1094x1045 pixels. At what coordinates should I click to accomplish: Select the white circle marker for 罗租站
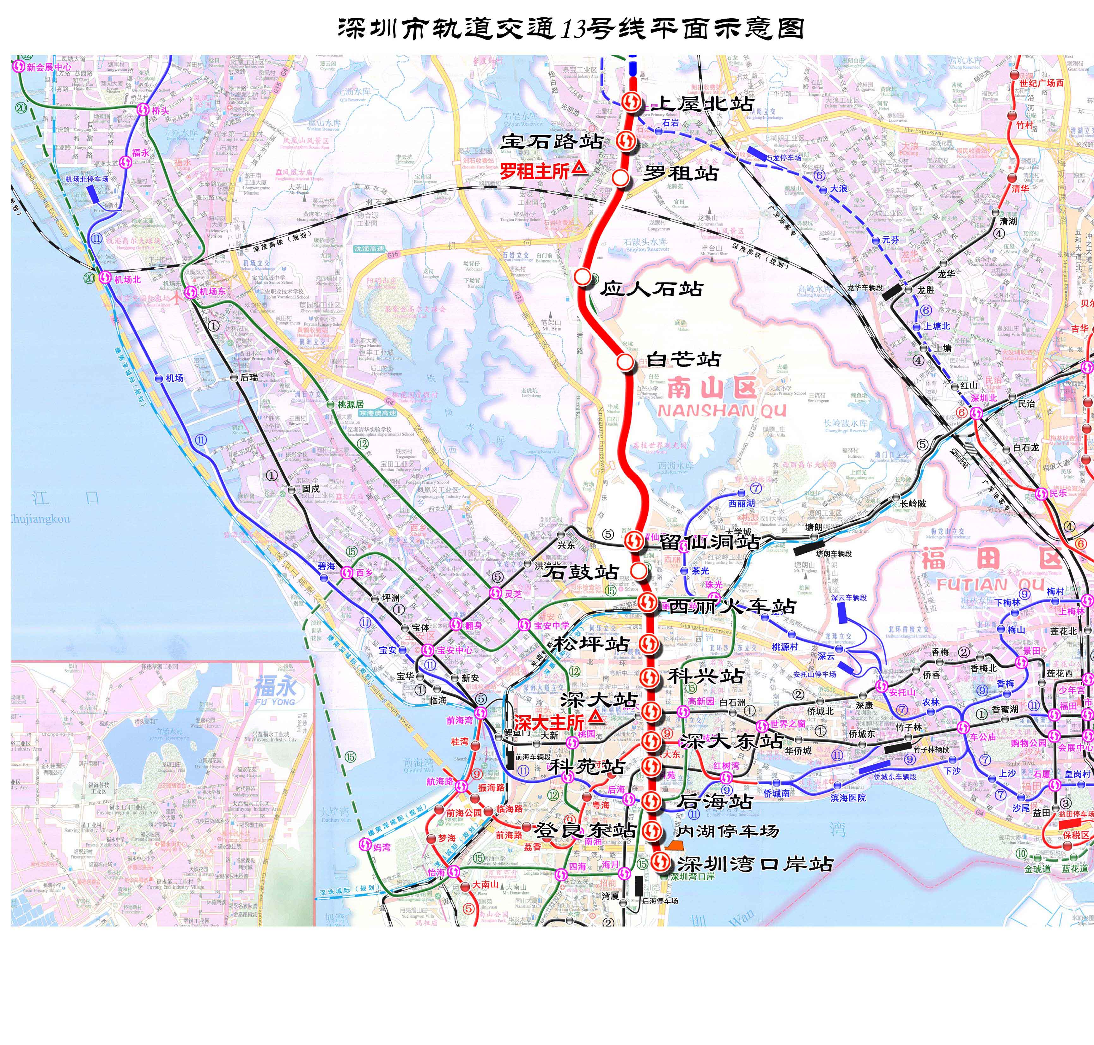click(x=621, y=178)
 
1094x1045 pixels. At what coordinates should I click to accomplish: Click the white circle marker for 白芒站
click(x=625, y=362)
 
